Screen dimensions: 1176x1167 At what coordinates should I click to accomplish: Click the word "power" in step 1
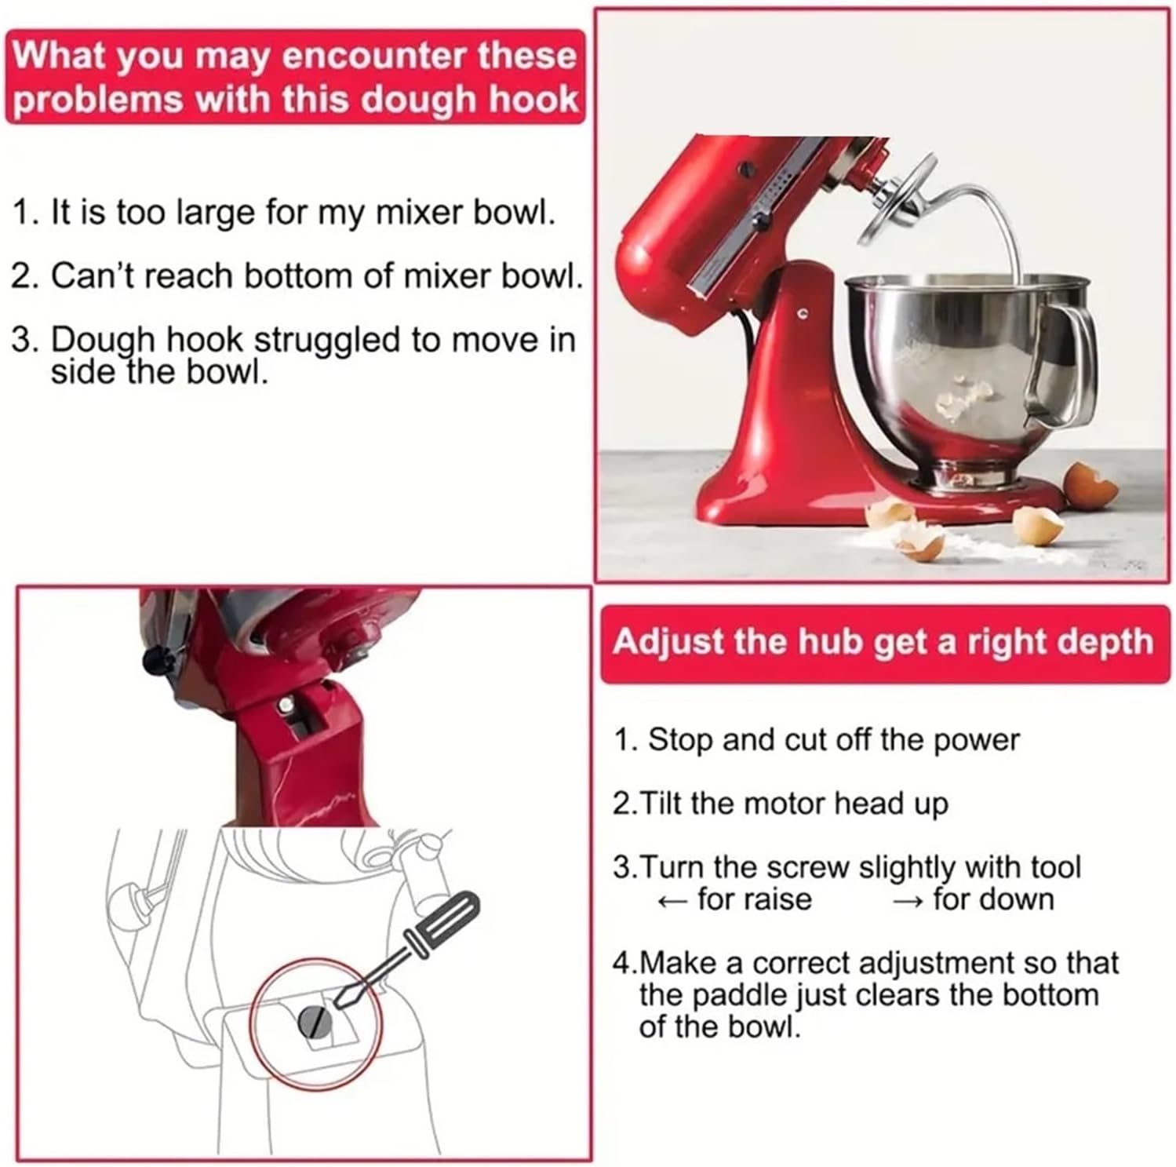pos(976,740)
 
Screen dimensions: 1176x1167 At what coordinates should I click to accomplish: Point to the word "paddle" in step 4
pos(737,995)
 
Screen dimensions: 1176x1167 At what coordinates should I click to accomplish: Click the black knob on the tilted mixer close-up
pos(156,663)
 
